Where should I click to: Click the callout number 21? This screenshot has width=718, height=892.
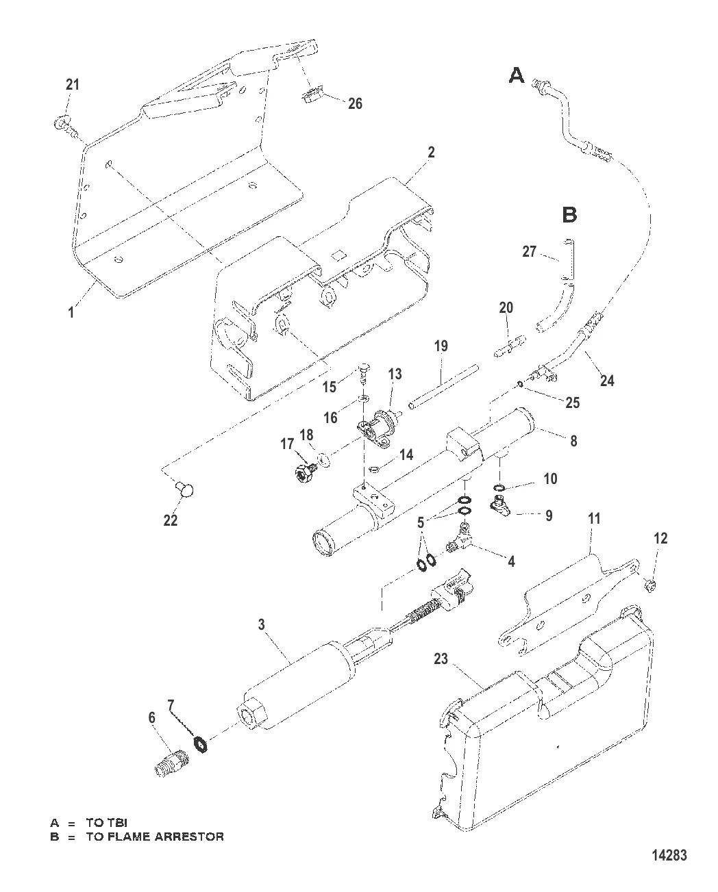click(x=72, y=85)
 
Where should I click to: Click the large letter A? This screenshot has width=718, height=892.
click(x=517, y=75)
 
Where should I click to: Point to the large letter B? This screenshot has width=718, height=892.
click(x=569, y=215)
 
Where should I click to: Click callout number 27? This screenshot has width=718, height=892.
click(x=529, y=252)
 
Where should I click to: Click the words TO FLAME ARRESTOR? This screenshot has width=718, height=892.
click(x=155, y=837)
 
